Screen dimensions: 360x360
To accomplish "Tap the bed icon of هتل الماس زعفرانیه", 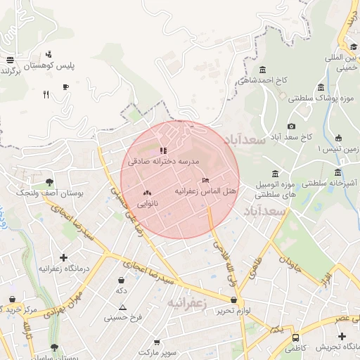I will click(x=205, y=181).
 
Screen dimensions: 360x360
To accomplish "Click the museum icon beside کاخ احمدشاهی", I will click(x=263, y=70).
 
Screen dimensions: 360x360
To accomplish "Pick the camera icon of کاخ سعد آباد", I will click(x=291, y=126).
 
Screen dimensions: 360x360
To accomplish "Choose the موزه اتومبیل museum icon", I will click(x=274, y=174).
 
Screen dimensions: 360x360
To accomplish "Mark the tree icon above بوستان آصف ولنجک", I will click(x=49, y=182).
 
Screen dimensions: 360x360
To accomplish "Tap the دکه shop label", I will click(x=122, y=290).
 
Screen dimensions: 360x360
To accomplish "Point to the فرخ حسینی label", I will click(x=123, y=318).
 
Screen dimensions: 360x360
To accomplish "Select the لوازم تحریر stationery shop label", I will click(x=233, y=310).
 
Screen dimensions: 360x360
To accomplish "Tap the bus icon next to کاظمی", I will click(x=295, y=337).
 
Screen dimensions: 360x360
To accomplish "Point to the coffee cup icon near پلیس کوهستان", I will click(x=65, y=87).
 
